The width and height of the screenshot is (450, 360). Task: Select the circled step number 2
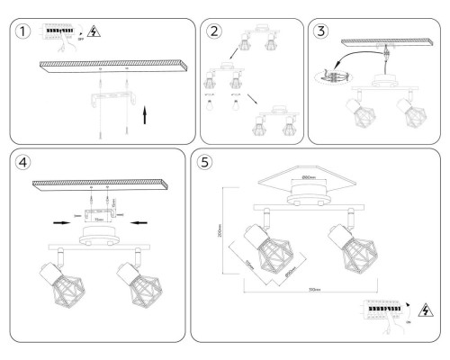[213, 32]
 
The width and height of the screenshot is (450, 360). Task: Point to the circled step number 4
[23, 165]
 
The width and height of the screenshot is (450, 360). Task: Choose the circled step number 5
[206, 165]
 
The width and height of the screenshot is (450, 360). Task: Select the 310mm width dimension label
[316, 291]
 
